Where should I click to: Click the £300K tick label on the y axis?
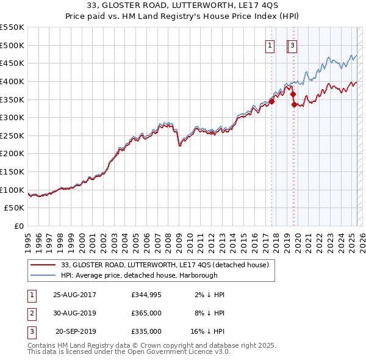tap(12, 117)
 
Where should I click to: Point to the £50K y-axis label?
tap(14, 208)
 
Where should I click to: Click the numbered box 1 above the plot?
tap(269, 45)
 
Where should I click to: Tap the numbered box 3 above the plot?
tap(293, 45)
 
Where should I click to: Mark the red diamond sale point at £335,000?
tap(294, 104)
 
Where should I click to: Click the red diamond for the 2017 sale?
tap(271, 101)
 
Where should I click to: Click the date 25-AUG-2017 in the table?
tap(74, 295)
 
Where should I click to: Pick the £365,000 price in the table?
tap(146, 313)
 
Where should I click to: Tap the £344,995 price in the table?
tap(146, 295)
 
